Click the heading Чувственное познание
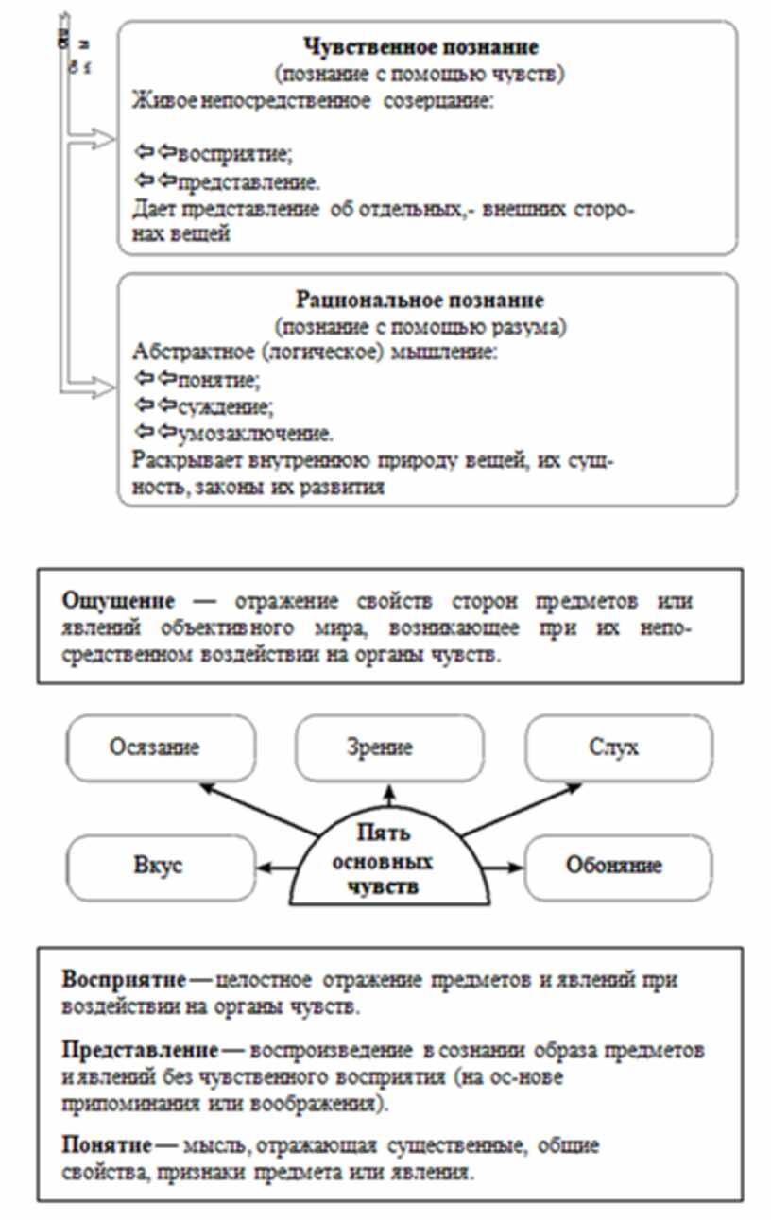[420, 47]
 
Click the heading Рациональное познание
[420, 301]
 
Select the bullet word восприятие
[223, 153]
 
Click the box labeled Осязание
[161, 747]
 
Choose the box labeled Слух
[619, 747]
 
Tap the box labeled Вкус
[161, 866]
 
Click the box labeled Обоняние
[619, 866]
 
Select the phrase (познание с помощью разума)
[420, 327]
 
